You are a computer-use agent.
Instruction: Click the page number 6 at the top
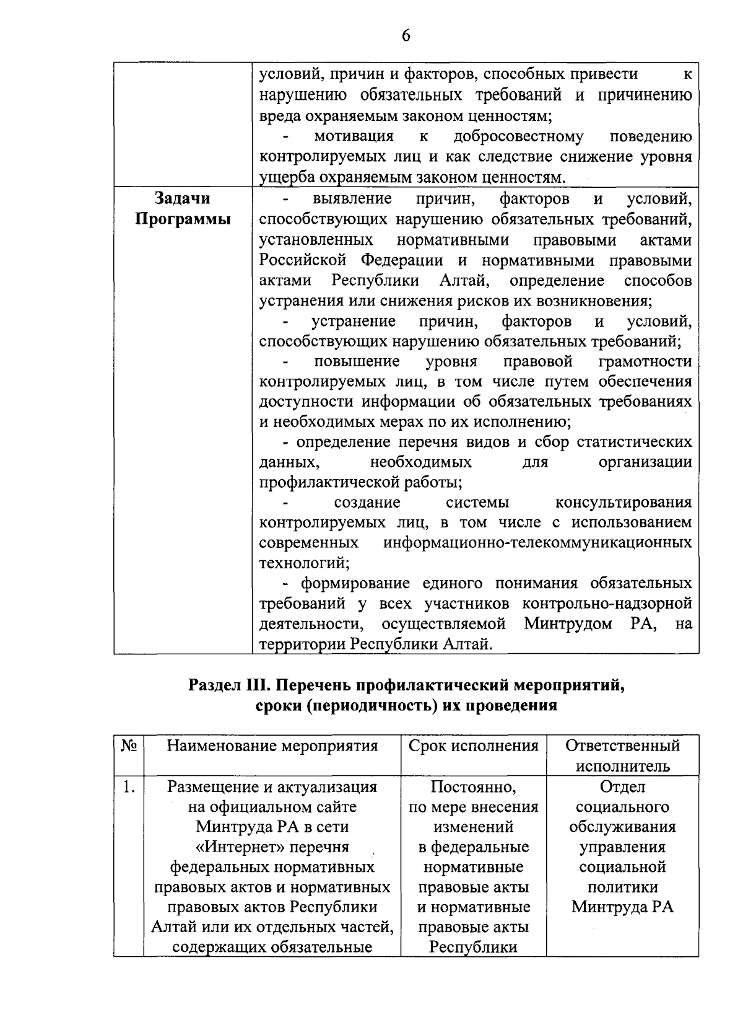pyautogui.click(x=406, y=36)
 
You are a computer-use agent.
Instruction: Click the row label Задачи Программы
pyautogui.click(x=182, y=209)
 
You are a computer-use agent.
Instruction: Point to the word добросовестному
pyautogui.click(x=518, y=136)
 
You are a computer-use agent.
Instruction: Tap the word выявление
pyautogui.click(x=352, y=199)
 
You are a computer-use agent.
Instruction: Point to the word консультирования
pyautogui.click(x=624, y=502)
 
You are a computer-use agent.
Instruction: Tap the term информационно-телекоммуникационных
pyautogui.click(x=537, y=543)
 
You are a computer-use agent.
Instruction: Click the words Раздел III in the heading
pyautogui.click(x=227, y=685)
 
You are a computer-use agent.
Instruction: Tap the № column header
pyautogui.click(x=128, y=746)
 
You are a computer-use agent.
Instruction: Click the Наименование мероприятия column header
pyautogui.click(x=272, y=746)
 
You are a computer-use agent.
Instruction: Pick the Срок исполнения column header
pyautogui.click(x=474, y=746)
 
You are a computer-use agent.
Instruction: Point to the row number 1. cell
pyautogui.click(x=128, y=787)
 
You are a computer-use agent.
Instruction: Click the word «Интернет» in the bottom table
pyautogui.click(x=221, y=847)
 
